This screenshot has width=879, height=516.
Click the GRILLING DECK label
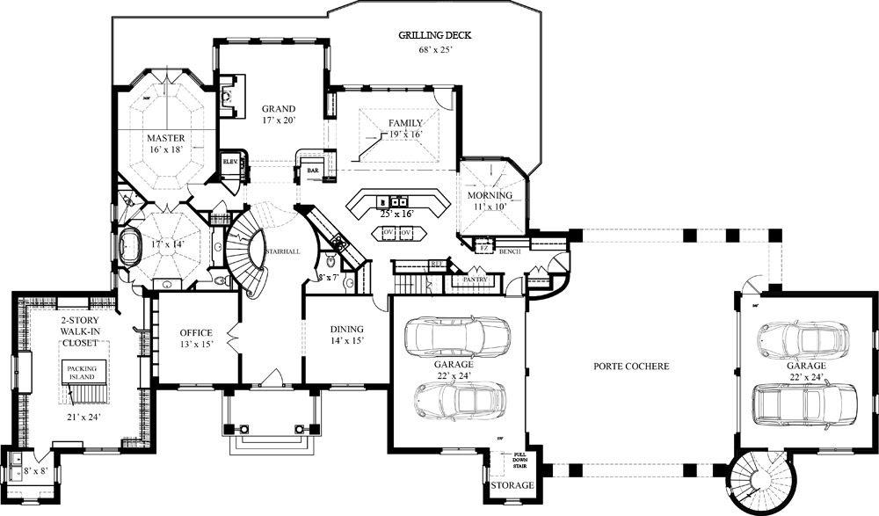coord(435,35)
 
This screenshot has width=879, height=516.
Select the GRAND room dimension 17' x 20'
coord(278,120)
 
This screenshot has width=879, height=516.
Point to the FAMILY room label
coord(405,123)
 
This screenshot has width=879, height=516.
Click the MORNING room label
coord(490,194)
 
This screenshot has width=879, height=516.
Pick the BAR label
coord(312,171)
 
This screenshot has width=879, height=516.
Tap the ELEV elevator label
coord(231,162)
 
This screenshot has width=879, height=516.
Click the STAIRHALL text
coord(282,251)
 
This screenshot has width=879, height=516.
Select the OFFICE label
coord(196,332)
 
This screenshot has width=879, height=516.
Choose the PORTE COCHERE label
coord(631,366)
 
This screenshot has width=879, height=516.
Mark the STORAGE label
coord(512,485)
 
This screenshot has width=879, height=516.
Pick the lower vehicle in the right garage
coord(804,403)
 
